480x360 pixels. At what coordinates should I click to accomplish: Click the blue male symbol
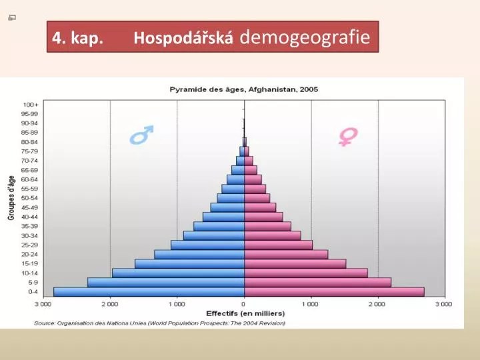pyautogui.click(x=141, y=135)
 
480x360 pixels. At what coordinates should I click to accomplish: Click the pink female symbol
pyautogui.click(x=348, y=136)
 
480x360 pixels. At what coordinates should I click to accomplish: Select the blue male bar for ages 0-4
pyautogui.click(x=149, y=291)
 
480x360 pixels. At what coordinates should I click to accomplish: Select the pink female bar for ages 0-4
pyautogui.click(x=334, y=291)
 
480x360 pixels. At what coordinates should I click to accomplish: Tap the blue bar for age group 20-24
pyautogui.click(x=199, y=254)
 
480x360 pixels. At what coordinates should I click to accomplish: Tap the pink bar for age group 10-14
pyautogui.click(x=306, y=273)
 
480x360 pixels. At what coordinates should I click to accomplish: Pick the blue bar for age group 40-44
pyautogui.click(x=223, y=217)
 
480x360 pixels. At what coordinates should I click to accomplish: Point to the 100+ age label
pyautogui.click(x=31, y=105)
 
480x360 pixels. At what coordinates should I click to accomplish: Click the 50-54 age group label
pyautogui.click(x=30, y=198)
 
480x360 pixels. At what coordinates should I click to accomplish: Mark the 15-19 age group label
pyautogui.click(x=30, y=263)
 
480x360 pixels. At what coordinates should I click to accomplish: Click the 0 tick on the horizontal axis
pyautogui.click(x=244, y=304)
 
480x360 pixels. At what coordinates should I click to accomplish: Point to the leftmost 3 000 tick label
pyautogui.click(x=43, y=304)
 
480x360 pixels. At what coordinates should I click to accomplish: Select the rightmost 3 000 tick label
pyautogui.click(x=444, y=304)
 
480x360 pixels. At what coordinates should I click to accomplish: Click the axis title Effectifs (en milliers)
pyautogui.click(x=245, y=313)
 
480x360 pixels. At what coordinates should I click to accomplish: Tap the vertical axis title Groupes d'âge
pyautogui.click(x=11, y=198)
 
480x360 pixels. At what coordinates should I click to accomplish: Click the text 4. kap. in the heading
pyautogui.click(x=77, y=38)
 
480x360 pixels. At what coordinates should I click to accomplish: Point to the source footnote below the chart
pyautogui.click(x=160, y=323)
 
